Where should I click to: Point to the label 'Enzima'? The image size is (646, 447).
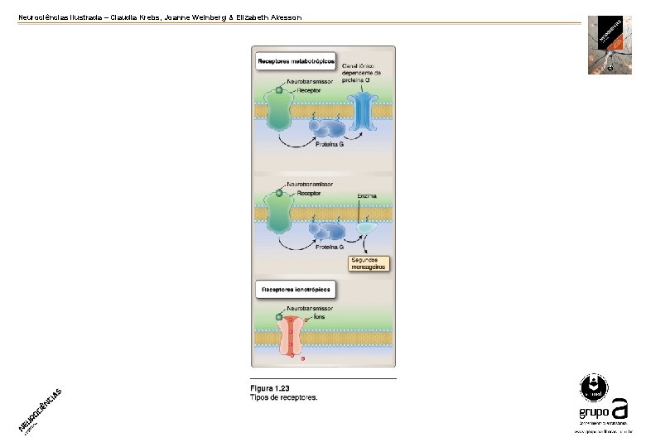coord(368,196)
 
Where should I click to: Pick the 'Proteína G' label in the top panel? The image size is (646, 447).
coord(330,144)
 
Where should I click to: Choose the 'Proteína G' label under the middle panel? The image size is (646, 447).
coord(330,247)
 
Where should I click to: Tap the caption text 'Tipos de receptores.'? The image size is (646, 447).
coord(284,397)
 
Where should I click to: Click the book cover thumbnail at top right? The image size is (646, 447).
coord(610,45)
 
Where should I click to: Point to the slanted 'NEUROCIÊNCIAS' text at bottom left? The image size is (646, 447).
coord(40,410)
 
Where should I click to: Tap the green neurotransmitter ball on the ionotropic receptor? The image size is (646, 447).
coord(279,317)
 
